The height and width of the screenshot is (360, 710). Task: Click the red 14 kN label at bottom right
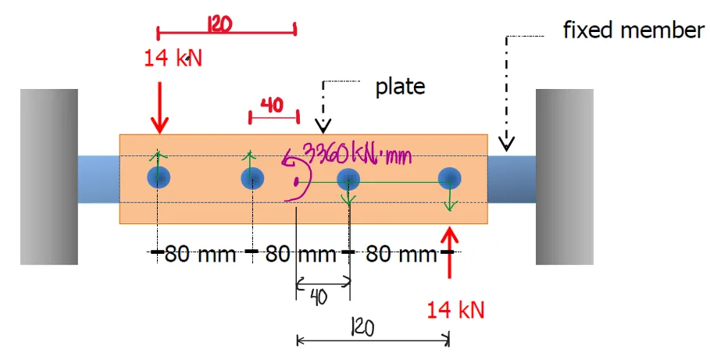coord(455,309)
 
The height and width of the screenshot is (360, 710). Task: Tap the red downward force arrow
coord(159,109)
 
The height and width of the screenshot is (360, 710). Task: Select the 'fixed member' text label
coord(633,30)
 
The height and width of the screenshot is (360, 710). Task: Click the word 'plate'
coord(400,86)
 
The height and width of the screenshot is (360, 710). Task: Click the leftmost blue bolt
coord(159,177)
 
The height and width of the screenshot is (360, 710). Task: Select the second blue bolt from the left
coord(252,179)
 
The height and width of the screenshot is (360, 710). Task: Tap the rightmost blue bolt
coord(450,179)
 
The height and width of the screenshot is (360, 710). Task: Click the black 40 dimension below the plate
coord(319,298)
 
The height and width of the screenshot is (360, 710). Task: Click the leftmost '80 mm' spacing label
coord(201,254)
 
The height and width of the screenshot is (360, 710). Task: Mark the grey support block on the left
coord(48,176)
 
